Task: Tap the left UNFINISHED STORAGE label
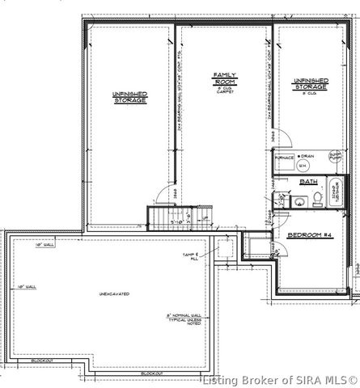pos(129,97)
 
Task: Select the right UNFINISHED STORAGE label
pos(311,84)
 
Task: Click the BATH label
pos(308,183)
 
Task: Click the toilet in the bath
pos(318,197)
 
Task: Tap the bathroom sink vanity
pos(278,200)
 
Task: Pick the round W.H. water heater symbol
pos(303,167)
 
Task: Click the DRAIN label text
pos(307,155)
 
